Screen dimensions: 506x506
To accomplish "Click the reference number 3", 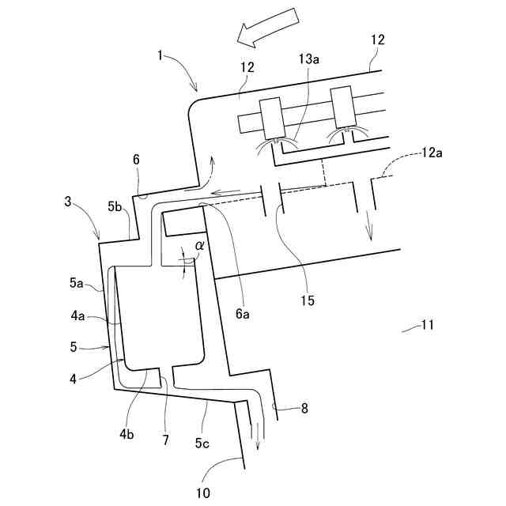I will coord(69,202).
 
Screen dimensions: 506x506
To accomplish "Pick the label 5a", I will coord(76,282).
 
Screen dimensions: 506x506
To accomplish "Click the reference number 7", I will coord(165,440).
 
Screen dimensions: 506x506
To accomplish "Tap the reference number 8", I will coord(304,409).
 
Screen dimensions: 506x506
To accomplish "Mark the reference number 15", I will coord(306,300).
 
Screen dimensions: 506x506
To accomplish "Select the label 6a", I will coord(241,313).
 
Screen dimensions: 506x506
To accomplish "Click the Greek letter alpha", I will coord(199,246).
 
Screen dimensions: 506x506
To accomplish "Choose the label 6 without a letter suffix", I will coord(136,159).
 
